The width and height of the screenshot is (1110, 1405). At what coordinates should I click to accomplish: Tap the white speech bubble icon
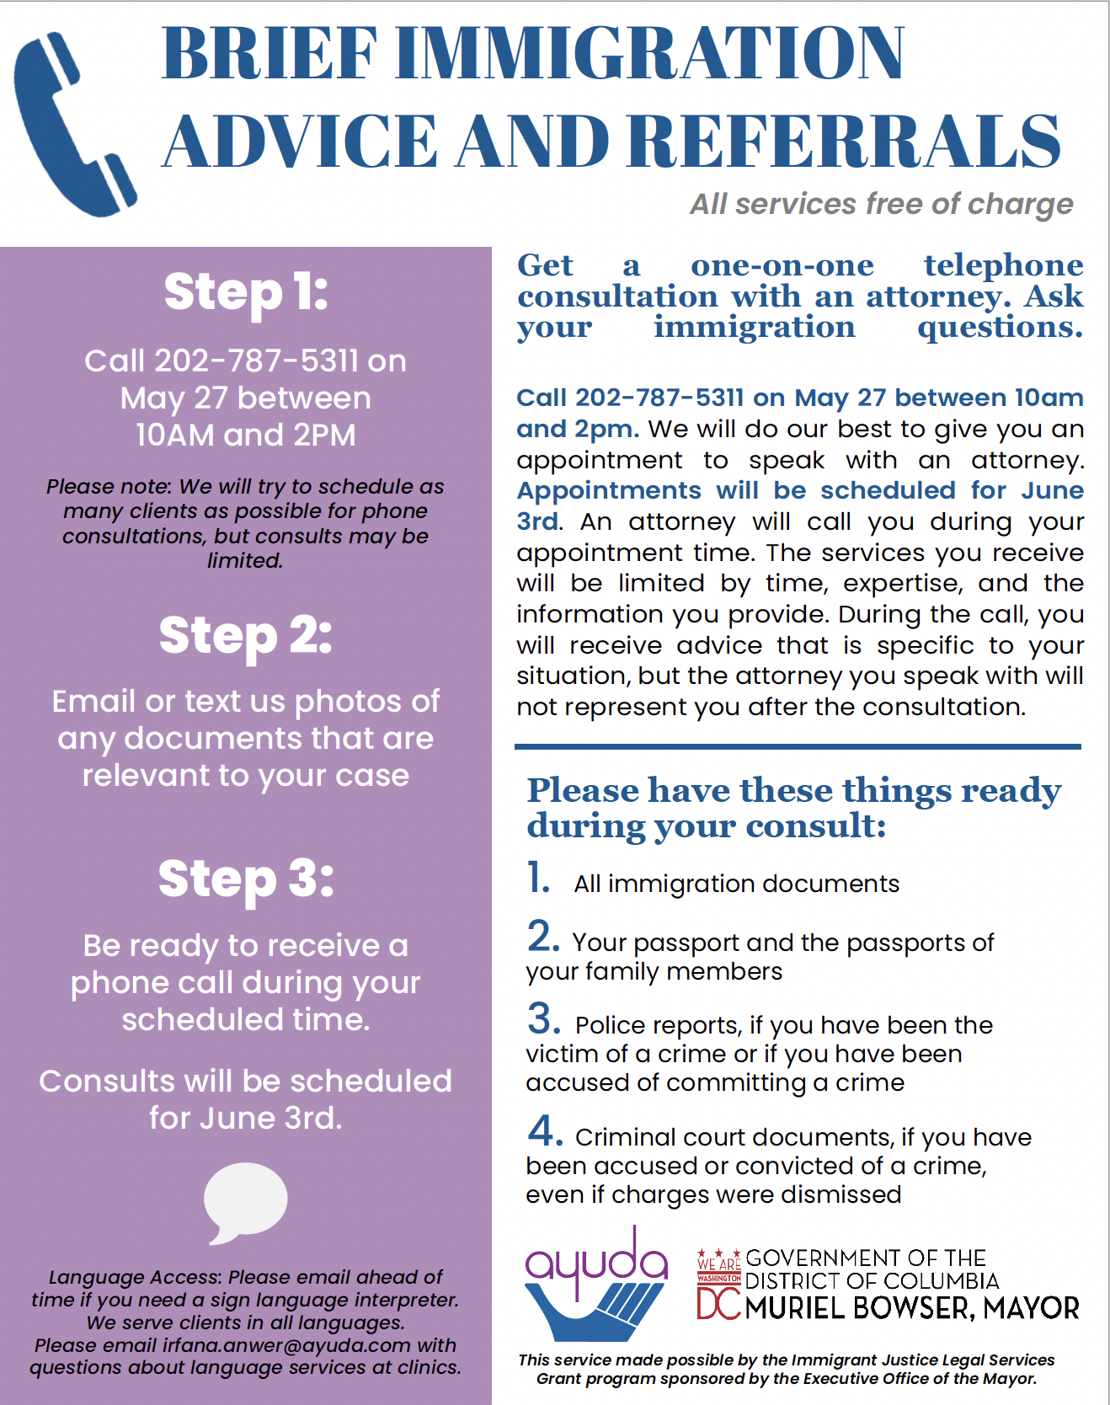(x=245, y=1199)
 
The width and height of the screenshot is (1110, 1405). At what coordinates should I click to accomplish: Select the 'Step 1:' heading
(x=246, y=292)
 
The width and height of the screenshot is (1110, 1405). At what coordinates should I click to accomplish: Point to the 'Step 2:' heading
(x=246, y=635)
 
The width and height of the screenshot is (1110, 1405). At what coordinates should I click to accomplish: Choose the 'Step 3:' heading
(x=246, y=879)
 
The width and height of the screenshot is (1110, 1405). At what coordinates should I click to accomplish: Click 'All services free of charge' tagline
(x=881, y=204)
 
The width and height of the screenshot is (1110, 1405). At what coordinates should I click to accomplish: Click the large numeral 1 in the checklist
(x=538, y=878)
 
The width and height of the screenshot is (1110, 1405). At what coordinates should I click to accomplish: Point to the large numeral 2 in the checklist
(x=543, y=936)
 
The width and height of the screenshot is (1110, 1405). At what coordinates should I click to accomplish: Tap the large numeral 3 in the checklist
(x=544, y=1018)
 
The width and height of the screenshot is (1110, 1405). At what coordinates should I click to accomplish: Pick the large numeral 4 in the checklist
(x=545, y=1130)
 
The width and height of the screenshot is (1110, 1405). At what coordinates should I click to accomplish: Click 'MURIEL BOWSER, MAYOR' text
(x=912, y=1308)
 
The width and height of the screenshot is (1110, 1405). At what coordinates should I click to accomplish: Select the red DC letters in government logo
(x=718, y=1305)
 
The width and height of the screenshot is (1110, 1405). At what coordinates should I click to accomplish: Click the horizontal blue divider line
(x=798, y=746)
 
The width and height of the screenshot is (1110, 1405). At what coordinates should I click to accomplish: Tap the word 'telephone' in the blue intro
(x=1003, y=265)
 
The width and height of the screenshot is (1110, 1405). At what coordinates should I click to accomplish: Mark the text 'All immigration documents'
(x=736, y=884)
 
